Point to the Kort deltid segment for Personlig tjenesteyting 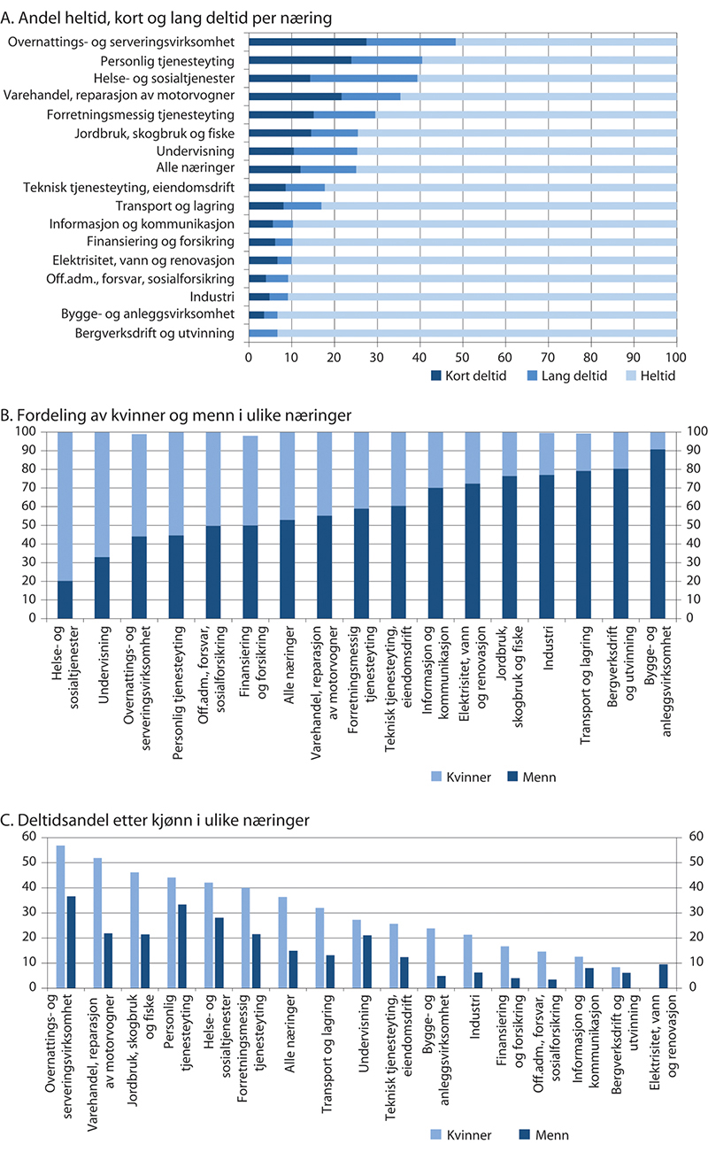pos(300,61)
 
